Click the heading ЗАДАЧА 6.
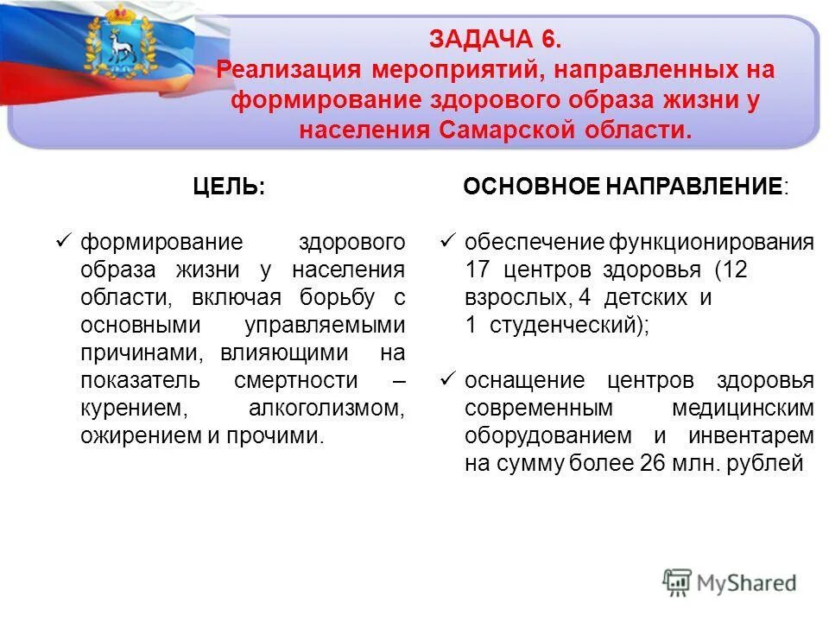tap(496, 40)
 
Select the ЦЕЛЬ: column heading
tap(229, 187)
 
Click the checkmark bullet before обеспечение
tap(446, 241)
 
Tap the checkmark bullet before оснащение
tap(446, 379)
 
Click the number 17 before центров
tap(478, 270)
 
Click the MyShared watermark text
tap(748, 583)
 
